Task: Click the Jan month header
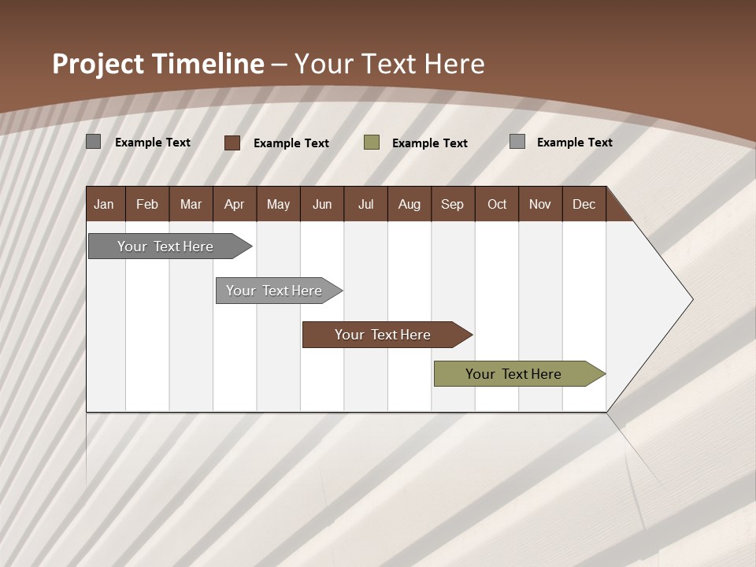tap(104, 204)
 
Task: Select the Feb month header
tap(147, 204)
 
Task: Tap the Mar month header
tap(191, 204)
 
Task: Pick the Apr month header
tap(235, 204)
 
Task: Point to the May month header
tap(278, 204)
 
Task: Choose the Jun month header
tap(322, 204)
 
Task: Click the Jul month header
tap(365, 204)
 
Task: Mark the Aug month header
tap(409, 204)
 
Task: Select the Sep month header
tap(453, 204)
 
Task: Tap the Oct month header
tap(497, 204)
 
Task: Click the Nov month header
tap(540, 204)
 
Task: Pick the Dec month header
tap(584, 204)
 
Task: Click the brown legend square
tap(232, 143)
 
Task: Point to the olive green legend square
tap(372, 143)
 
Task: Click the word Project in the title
tap(98, 64)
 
